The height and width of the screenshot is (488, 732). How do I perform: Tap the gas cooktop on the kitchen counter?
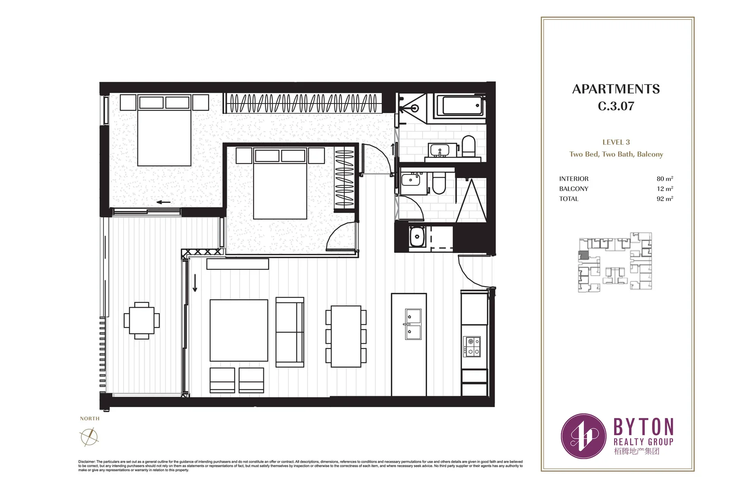[471, 347]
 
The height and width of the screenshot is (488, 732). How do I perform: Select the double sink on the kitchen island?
[413, 324]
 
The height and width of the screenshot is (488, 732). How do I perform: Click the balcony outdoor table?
[141, 320]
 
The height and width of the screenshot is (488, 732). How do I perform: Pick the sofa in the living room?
[290, 332]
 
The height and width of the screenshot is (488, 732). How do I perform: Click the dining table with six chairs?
[346, 336]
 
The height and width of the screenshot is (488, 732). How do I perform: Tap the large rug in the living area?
[239, 330]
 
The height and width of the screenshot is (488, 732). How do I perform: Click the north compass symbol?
[89, 436]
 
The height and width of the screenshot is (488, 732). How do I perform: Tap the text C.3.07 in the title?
[616, 106]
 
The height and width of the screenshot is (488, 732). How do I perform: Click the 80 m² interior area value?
[665, 179]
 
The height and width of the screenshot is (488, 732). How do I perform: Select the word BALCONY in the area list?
[573, 189]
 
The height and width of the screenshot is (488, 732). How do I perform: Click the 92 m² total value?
[665, 199]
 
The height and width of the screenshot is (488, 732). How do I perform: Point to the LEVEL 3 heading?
[616, 142]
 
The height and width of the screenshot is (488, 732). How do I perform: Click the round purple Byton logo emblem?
[583, 436]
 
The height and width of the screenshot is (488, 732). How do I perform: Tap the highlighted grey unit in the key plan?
[584, 255]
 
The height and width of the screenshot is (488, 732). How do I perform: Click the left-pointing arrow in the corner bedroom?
[164, 202]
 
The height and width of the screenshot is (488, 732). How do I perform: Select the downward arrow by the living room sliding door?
[195, 283]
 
